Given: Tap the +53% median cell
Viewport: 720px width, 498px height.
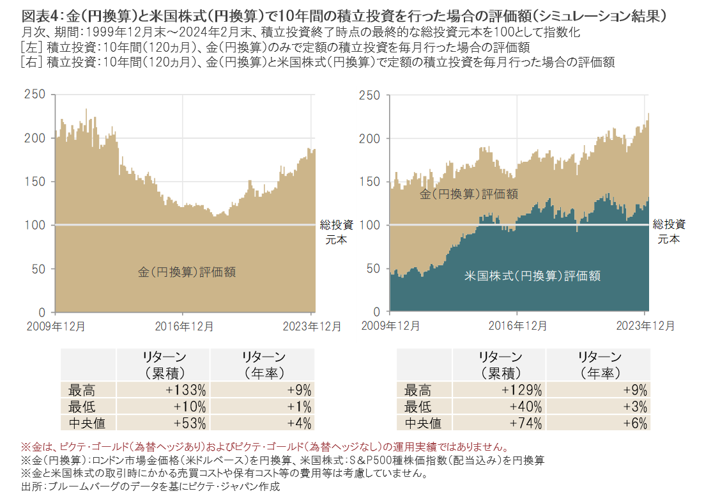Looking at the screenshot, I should pyautogui.click(x=191, y=423).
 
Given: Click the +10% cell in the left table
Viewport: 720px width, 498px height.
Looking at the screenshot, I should pyautogui.click(x=191, y=406).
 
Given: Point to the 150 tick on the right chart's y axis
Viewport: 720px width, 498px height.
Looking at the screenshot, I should pyautogui.click(x=371, y=182).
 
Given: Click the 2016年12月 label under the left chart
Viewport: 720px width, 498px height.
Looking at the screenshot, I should pyautogui.click(x=184, y=325).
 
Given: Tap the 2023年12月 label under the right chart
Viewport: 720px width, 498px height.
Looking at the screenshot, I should pyautogui.click(x=645, y=325).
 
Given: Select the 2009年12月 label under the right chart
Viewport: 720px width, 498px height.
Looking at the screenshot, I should pyautogui.click(x=390, y=325).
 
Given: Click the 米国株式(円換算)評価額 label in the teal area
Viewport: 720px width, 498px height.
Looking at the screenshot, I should pyautogui.click(x=532, y=276).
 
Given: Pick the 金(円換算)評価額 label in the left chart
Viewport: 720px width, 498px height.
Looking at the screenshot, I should pyautogui.click(x=187, y=272).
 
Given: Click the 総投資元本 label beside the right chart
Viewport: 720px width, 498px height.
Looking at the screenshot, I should pyautogui.click(x=669, y=231).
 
